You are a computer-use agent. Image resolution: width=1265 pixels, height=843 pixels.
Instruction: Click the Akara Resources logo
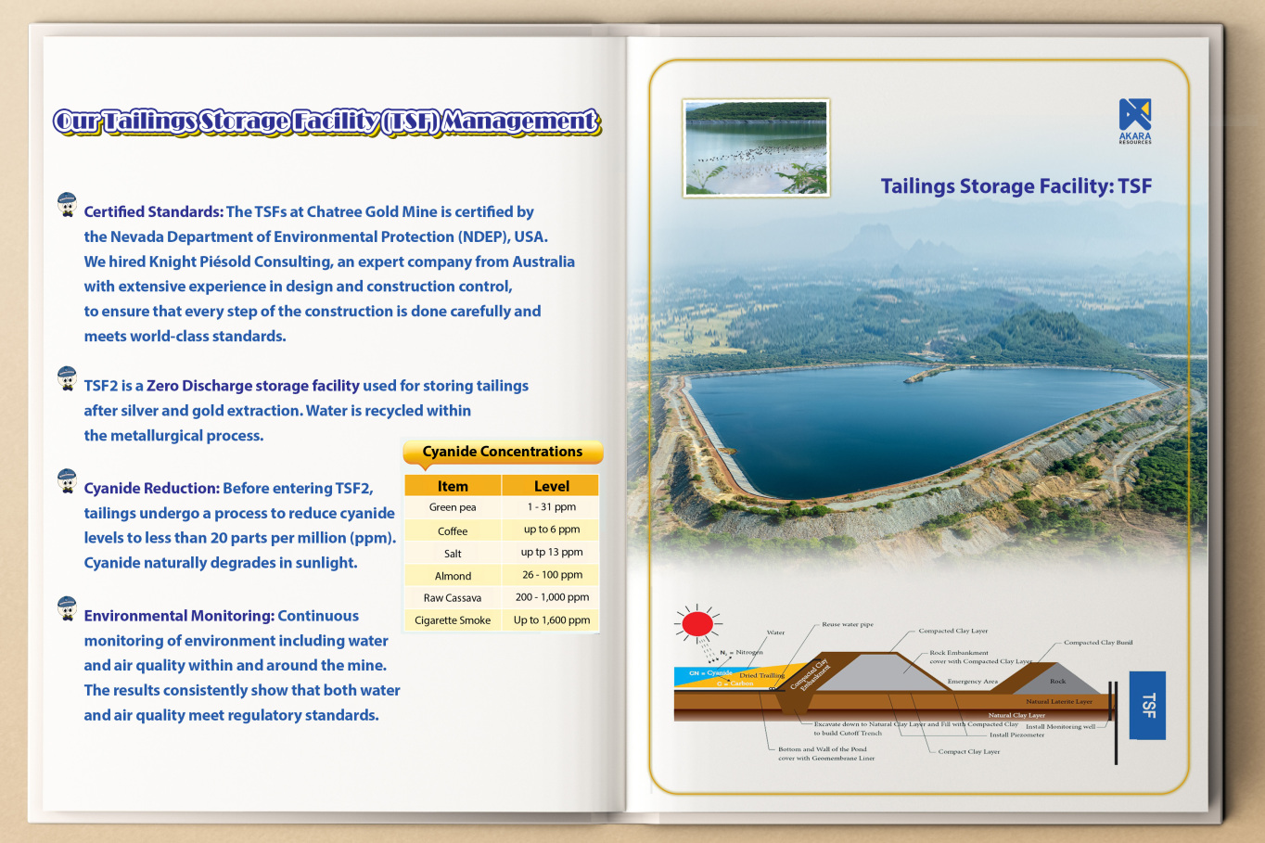tap(1134, 121)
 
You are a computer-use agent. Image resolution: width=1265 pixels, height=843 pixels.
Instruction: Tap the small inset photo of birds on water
tap(756, 148)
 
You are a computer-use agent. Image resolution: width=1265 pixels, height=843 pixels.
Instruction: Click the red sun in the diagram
tap(697, 623)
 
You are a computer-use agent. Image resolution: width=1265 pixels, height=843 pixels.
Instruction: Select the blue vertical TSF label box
tap(1147, 705)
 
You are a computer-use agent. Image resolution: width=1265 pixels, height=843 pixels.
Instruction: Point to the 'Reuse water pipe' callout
tap(847, 624)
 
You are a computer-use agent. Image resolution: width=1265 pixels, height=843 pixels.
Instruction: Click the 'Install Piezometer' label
tap(1016, 734)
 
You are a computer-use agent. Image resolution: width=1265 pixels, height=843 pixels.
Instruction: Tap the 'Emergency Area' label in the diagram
tap(972, 682)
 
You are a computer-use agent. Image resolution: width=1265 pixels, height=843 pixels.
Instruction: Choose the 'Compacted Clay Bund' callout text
tap(1097, 642)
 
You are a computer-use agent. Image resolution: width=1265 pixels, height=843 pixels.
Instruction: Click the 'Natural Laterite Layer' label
tap(1058, 701)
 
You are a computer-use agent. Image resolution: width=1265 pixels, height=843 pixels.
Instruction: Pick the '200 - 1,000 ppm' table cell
tap(552, 597)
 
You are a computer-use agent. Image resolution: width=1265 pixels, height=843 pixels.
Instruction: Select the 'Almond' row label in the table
tap(453, 576)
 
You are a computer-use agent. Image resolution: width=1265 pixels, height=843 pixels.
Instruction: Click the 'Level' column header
tap(552, 486)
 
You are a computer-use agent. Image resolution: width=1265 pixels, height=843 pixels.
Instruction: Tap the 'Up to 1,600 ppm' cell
tap(552, 619)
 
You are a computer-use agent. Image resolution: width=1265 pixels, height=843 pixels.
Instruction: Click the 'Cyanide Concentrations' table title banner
tap(503, 452)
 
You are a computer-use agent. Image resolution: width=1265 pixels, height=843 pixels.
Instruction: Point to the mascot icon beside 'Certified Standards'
tap(67, 205)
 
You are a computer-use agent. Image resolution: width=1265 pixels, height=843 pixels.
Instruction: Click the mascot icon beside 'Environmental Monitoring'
tap(67, 608)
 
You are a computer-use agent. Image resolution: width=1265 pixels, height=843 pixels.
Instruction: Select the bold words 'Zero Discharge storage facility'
tap(252, 386)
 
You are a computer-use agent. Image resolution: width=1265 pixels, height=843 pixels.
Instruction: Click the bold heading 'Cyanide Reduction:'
tap(151, 488)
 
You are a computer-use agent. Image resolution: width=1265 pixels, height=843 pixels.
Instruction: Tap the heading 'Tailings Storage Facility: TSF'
tap(1016, 186)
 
